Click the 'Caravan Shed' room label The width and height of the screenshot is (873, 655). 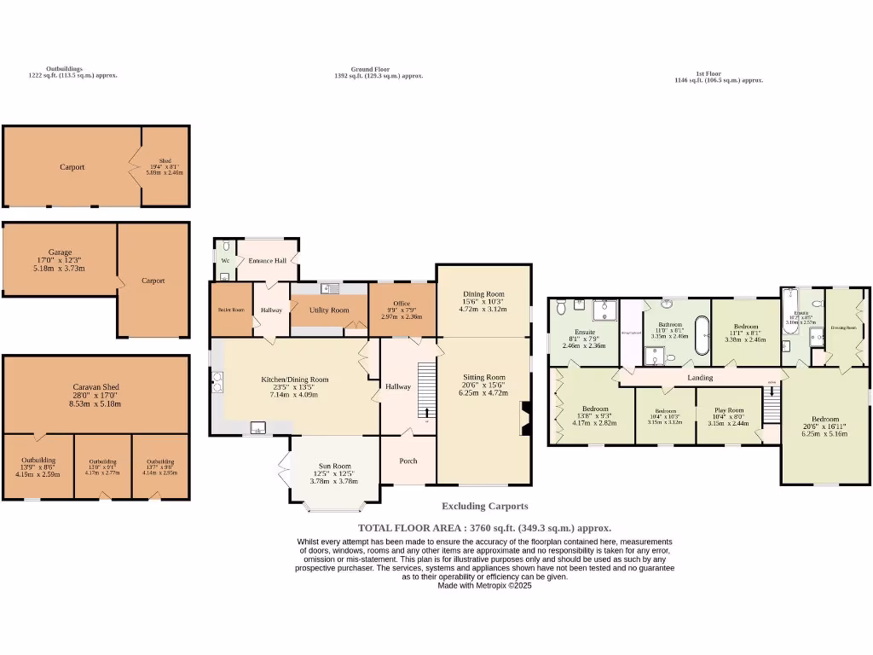click(95, 386)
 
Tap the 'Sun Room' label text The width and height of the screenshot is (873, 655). click(335, 466)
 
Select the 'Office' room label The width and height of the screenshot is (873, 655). click(402, 304)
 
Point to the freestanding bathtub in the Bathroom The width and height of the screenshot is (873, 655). click(702, 335)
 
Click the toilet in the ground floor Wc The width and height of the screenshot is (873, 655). click(225, 247)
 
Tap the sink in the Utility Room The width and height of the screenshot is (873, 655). click(329, 288)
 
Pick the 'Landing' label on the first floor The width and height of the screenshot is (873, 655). click(700, 377)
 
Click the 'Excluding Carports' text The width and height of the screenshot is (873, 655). click(484, 506)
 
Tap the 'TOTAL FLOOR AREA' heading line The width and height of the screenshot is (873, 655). click(484, 528)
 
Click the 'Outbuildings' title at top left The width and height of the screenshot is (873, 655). click(65, 68)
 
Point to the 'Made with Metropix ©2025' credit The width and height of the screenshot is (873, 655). click(484, 585)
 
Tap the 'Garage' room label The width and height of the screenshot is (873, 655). click(60, 252)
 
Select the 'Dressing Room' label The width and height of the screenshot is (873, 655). click(844, 327)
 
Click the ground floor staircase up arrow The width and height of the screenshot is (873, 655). click(427, 411)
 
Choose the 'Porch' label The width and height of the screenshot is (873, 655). click(408, 461)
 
